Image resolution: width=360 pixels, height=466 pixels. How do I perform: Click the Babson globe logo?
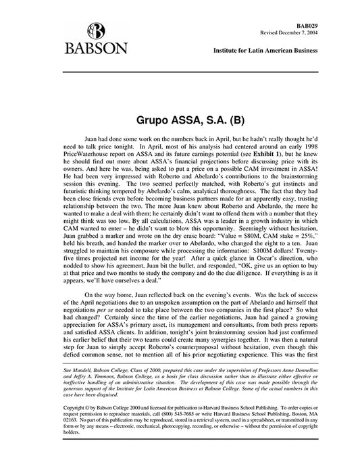coord(97,30)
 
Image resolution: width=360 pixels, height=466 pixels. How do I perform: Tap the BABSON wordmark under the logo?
coord(97,50)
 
